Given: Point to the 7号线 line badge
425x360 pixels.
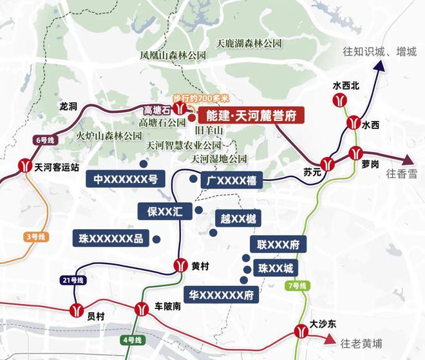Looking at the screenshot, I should tap(299, 285).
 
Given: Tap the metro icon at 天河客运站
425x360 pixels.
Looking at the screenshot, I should tap(25, 166).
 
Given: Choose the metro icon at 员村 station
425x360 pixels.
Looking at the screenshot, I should tap(77, 310).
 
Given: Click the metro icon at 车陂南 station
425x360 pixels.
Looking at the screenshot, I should tap(142, 310).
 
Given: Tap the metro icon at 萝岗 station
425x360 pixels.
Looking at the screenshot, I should tap(355, 153).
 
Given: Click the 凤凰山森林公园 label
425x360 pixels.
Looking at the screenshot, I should tap(173, 55).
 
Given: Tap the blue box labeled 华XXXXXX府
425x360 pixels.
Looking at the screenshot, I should tap(220, 295).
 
